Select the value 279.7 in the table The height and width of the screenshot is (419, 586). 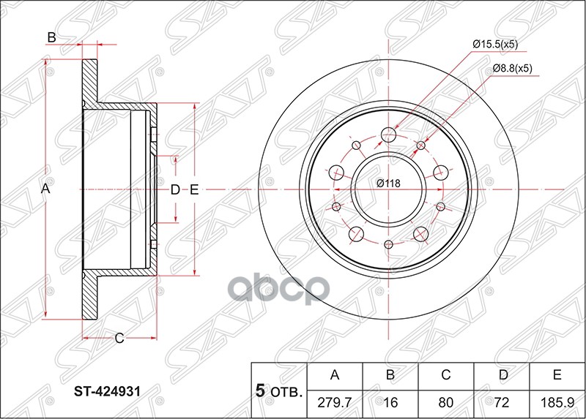click(x=335, y=401)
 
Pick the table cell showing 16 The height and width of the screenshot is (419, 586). click(x=390, y=401)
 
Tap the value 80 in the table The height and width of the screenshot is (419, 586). click(x=445, y=401)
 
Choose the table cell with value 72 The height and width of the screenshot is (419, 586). click(x=501, y=401)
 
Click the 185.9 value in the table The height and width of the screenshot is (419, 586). click(x=557, y=401)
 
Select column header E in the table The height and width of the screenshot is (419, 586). click(x=557, y=376)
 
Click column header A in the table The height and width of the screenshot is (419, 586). click(x=335, y=376)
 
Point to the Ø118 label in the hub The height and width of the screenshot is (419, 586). click(x=388, y=184)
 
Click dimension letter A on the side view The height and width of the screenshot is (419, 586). click(x=45, y=189)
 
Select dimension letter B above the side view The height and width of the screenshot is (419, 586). click(x=52, y=37)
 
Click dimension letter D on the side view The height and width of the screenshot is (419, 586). click(x=175, y=190)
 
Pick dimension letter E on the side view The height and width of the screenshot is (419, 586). click(x=194, y=190)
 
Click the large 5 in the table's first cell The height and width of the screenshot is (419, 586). click(x=259, y=391)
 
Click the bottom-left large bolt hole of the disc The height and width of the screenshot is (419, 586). click(x=357, y=233)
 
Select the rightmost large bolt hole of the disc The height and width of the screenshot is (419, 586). click(x=440, y=173)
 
